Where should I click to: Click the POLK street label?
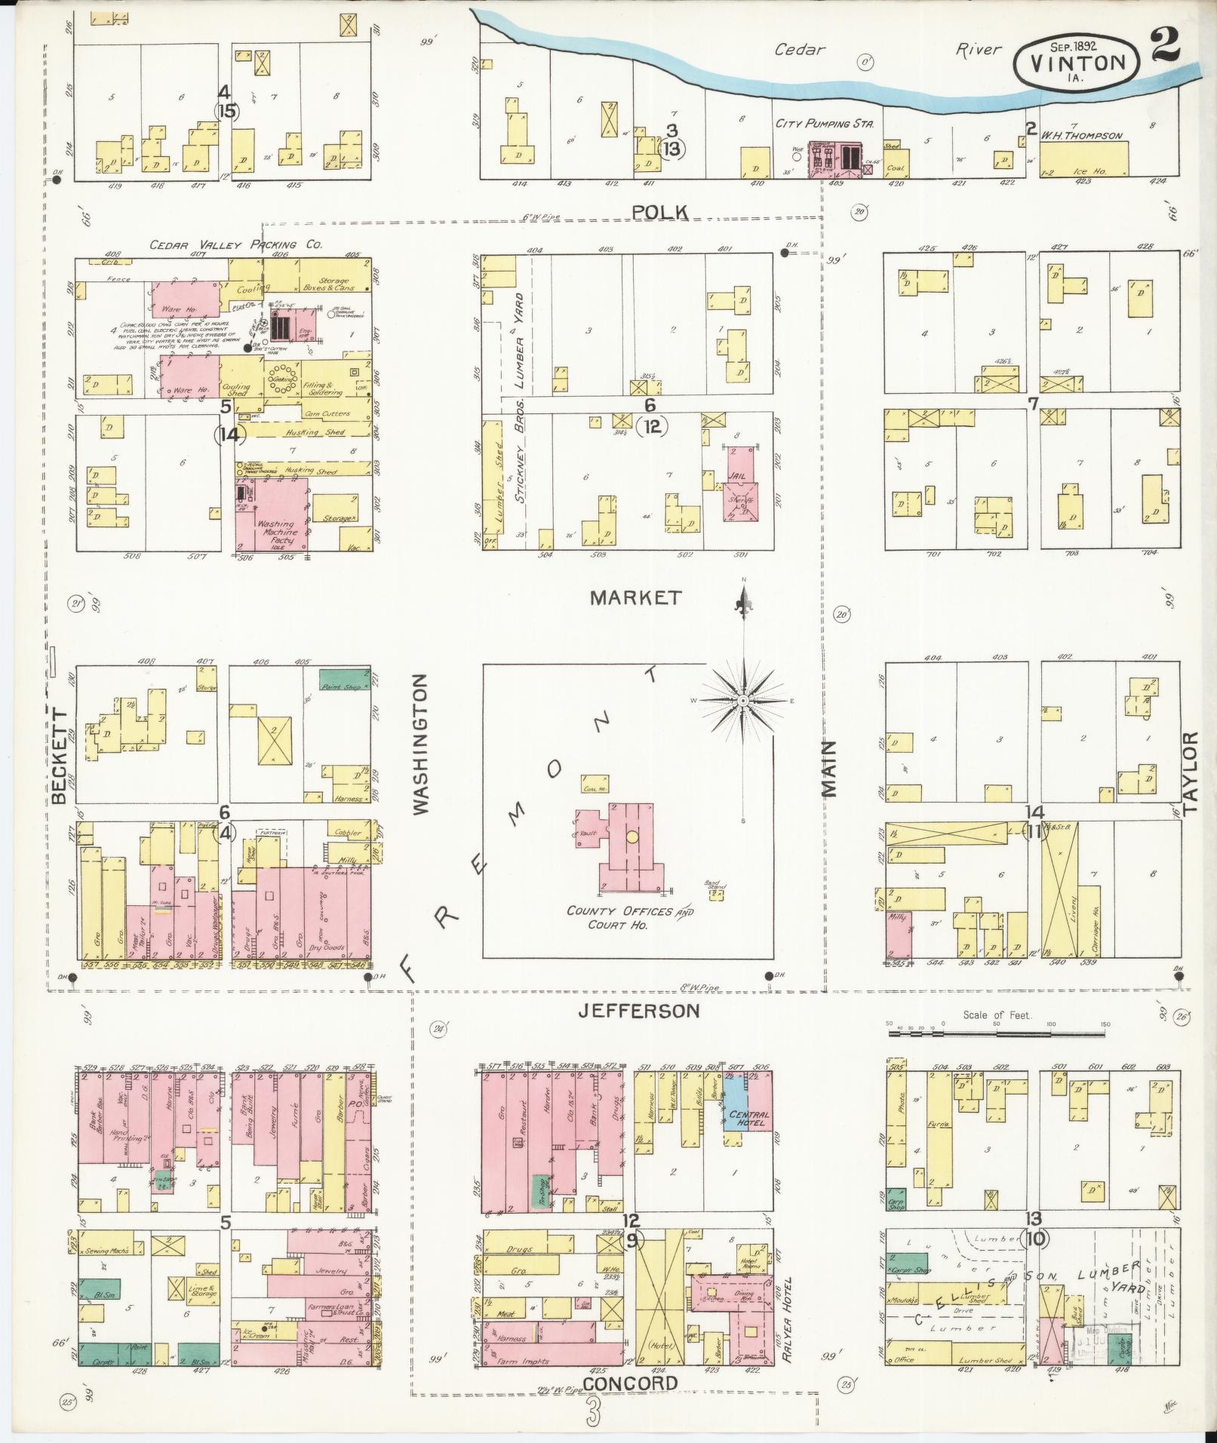tap(660, 212)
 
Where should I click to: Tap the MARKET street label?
tap(635, 598)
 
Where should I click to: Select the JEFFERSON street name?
tap(639, 1011)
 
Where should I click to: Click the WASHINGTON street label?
tap(421, 744)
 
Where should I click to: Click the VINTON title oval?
tap(1075, 63)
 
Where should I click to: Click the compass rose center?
tap(744, 701)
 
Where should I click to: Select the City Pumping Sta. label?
tap(824, 123)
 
